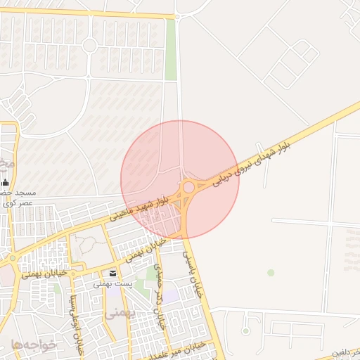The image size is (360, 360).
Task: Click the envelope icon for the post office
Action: pos(113,273)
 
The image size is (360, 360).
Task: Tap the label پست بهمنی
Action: pos(114,284)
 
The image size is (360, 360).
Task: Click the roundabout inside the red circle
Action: pos(188,188)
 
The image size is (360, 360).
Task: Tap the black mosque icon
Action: pos(6,183)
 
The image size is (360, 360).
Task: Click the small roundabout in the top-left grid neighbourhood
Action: pos(89,46)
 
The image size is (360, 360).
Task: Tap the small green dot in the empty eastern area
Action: pos(271,272)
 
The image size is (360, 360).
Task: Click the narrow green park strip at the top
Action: pos(170,49)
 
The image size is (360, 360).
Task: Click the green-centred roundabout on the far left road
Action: pos(12,258)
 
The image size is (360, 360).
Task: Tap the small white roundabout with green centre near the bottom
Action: pos(246,330)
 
